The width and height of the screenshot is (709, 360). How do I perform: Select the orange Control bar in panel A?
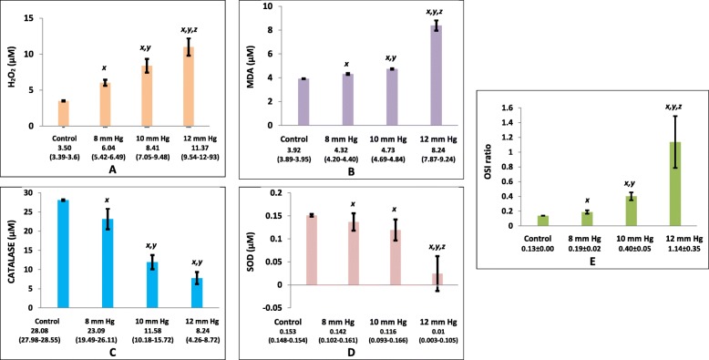[63, 114]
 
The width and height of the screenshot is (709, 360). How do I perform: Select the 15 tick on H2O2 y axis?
[34, 18]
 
